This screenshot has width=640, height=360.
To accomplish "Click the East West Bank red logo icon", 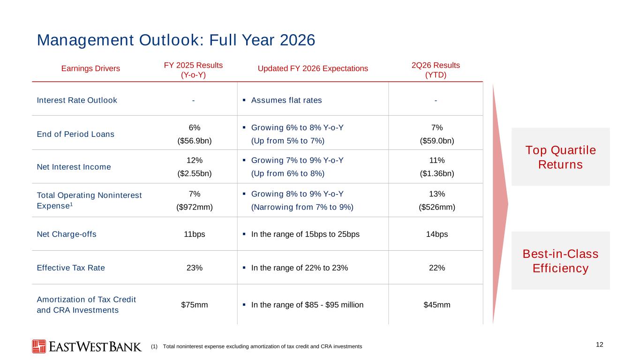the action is tap(39, 346).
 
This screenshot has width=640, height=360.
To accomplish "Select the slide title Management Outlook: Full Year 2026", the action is tap(176, 40).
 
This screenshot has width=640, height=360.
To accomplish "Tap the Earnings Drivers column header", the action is tap(90, 68).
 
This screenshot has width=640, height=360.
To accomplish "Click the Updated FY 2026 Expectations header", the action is tap(313, 68).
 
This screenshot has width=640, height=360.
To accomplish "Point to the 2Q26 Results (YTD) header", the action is tap(436, 70).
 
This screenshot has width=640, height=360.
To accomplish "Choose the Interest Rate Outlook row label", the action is tap(77, 100).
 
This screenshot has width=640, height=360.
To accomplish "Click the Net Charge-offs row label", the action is tap(67, 234).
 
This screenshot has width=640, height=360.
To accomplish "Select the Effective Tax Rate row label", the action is tap(71, 268).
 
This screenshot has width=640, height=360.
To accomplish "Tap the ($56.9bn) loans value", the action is tap(195, 141).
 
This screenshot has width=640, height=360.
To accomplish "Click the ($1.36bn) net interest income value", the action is tap(437, 173).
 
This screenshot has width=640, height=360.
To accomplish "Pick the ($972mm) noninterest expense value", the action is tap(195, 207).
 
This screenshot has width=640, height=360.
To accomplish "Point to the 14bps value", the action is tap(437, 234).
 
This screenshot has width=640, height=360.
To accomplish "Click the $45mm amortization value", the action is tap(437, 305).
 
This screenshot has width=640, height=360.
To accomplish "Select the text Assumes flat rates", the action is tap(286, 100).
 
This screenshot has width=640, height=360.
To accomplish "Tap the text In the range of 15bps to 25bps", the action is tap(305, 234).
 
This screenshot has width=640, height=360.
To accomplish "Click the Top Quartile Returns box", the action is tap(561, 157).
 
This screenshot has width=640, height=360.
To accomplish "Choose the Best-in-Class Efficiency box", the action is tap(561, 261).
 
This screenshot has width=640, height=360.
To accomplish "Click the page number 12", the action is tap(599, 345).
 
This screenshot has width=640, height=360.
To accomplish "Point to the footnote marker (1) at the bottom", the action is tap(154, 346).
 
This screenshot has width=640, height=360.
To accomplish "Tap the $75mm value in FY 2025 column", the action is tap(195, 305).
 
